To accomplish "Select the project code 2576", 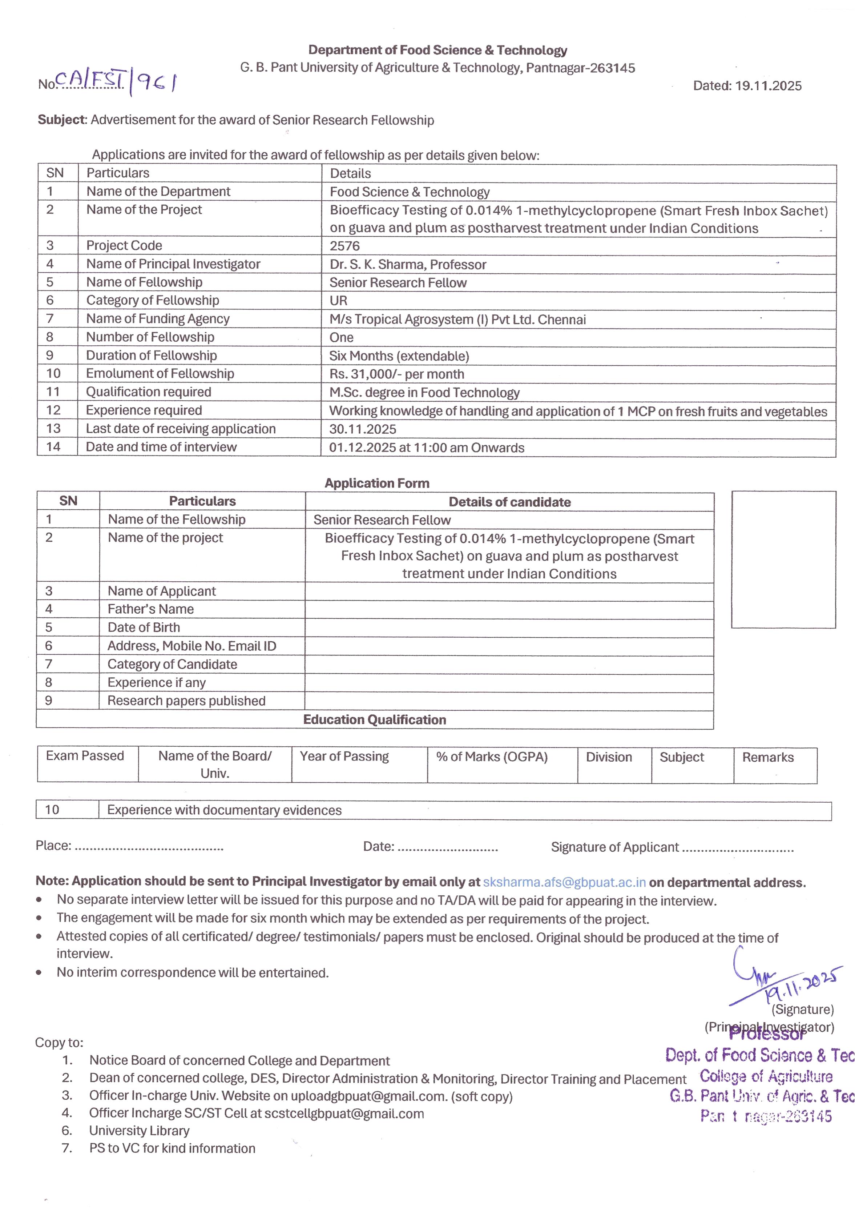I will tap(344, 246).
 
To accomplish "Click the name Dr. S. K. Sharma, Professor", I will tap(408, 264).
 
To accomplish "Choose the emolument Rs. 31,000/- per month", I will tap(396, 374).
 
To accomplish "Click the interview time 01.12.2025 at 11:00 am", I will tap(426, 448).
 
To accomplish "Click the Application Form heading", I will tap(377, 483).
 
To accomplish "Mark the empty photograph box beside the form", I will tap(783, 559).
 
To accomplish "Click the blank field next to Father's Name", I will tap(509, 610).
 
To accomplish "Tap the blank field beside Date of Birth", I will tap(509, 628).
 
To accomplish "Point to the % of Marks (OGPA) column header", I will tap(492, 757).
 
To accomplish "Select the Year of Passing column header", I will tap(344, 757).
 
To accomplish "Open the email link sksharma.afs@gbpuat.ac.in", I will tap(564, 882).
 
